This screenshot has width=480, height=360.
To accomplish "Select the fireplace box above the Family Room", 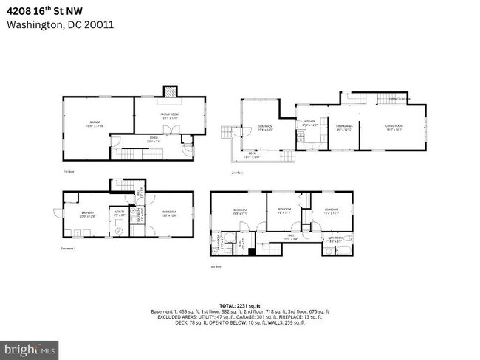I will pos(170,92).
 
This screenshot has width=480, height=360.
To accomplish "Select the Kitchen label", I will pos(310,123).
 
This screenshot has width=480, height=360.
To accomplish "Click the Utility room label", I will pos(118,214).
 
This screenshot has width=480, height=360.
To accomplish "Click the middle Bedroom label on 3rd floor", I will pos(284,210).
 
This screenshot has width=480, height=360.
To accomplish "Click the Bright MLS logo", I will pos(30,347).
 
